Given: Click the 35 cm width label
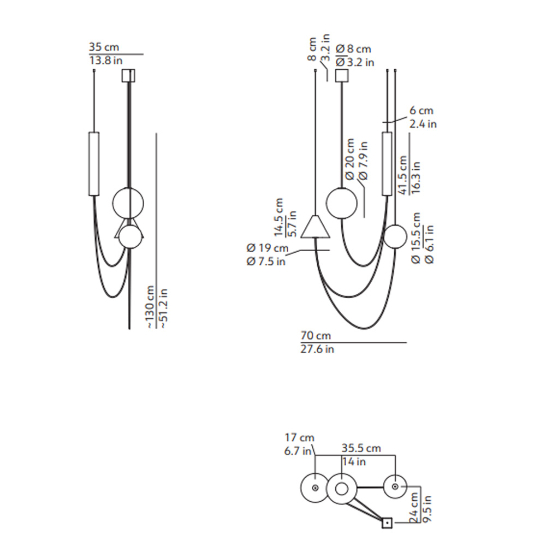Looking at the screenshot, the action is point(104,47).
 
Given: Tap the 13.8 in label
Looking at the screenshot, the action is point(106,61).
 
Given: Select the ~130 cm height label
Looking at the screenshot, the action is point(150,307).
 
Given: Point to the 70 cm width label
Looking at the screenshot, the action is point(316,336).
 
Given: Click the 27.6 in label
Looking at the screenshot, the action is point(317,349).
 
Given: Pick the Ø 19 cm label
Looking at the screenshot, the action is point(268,248).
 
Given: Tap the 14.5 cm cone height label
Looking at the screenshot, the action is point(278,217).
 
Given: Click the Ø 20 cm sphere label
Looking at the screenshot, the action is point(350,159).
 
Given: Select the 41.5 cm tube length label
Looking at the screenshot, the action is point(402,175).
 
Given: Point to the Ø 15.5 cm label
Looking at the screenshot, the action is point(416,238).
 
